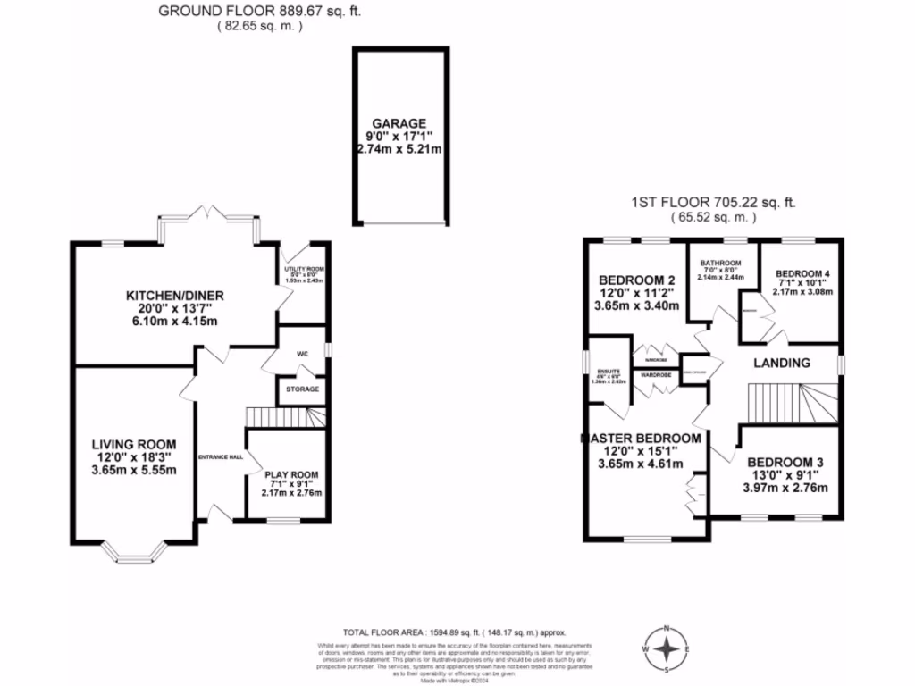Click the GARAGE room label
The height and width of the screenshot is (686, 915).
coord(399,123)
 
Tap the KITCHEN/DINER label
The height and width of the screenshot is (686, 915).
coord(174,296)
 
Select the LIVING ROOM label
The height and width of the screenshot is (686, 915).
coord(133,444)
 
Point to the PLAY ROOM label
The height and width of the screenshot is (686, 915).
coord(290,474)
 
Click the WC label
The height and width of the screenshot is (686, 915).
coord(302,354)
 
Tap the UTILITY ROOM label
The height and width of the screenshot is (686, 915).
coord(303,269)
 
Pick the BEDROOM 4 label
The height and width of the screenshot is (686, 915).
coord(802,273)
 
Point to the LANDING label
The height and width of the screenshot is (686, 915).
coord(782,363)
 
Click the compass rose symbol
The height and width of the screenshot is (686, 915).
coord(666,649)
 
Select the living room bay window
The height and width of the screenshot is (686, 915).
coord(134,553)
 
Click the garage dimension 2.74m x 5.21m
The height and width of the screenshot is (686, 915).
coord(399,148)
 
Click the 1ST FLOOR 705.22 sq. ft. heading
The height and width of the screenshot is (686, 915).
coord(713,204)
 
